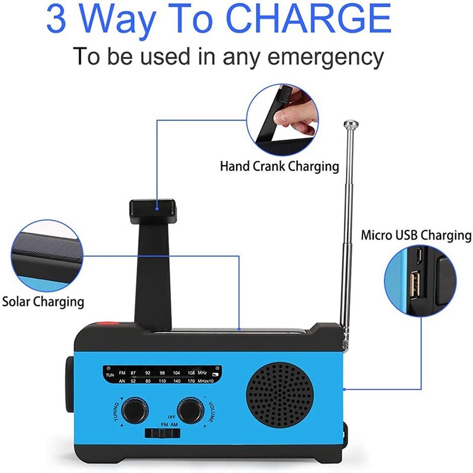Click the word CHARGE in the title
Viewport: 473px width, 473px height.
click(308, 19)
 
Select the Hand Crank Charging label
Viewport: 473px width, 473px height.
click(279, 166)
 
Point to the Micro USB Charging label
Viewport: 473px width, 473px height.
click(416, 236)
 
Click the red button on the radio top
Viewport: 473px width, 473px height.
click(105, 323)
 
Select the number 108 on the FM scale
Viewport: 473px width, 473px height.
click(191, 373)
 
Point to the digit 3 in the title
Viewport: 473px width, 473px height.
click(57, 19)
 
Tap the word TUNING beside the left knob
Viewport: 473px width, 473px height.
click(117, 412)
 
